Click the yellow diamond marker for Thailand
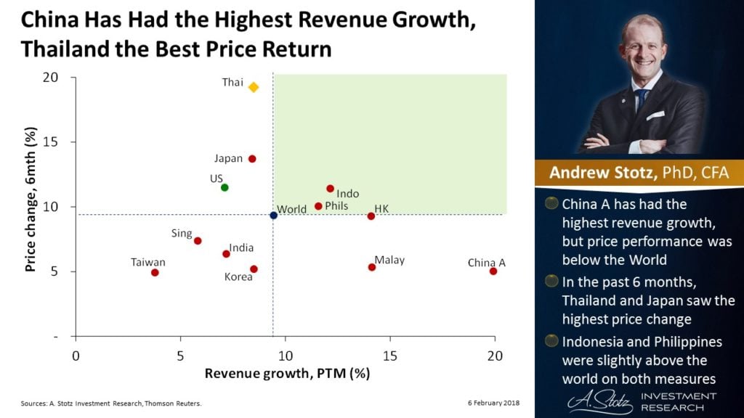click(x=254, y=87)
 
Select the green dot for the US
click(x=225, y=187)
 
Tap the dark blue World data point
click(x=273, y=215)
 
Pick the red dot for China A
click(x=493, y=271)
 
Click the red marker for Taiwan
click(x=155, y=272)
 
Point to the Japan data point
click(x=252, y=159)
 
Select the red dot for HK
click(x=371, y=216)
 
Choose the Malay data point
click(x=372, y=267)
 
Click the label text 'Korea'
click(x=238, y=276)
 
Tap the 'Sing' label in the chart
click(x=182, y=234)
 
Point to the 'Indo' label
click(x=348, y=194)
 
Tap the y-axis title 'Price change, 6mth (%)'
click(x=31, y=207)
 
